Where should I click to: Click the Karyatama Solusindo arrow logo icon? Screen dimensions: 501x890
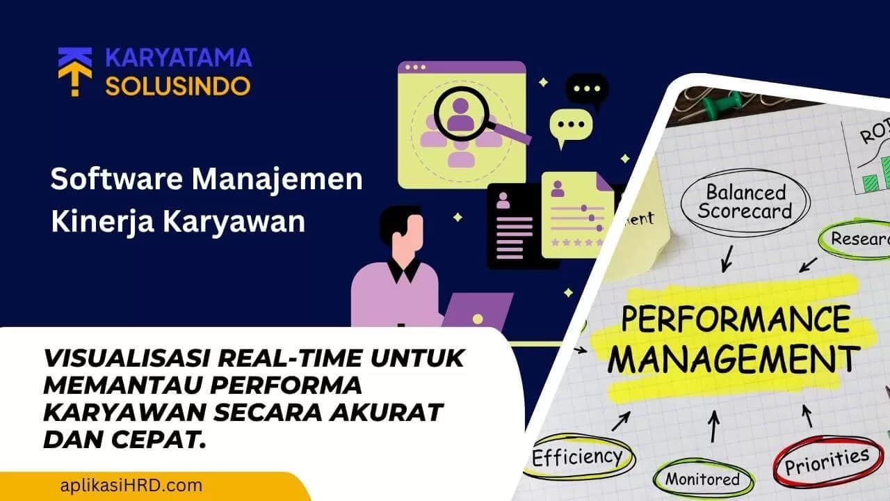tap(74, 71)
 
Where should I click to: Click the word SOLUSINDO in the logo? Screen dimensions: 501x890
tap(178, 86)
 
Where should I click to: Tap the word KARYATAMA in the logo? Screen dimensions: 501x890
tap(178, 57)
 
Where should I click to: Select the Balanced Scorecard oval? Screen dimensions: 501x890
tap(745, 201)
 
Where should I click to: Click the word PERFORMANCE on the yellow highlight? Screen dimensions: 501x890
tap(734, 321)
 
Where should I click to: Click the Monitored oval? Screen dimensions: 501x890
tap(703, 479)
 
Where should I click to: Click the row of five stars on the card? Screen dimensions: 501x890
tap(576, 243)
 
